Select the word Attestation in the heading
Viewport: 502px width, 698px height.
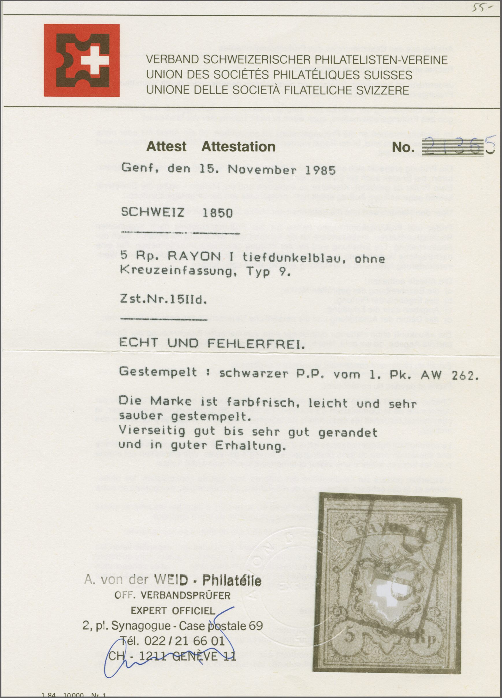point(238,147)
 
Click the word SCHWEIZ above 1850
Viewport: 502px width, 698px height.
point(153,212)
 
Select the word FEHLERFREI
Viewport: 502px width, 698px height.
point(256,343)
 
